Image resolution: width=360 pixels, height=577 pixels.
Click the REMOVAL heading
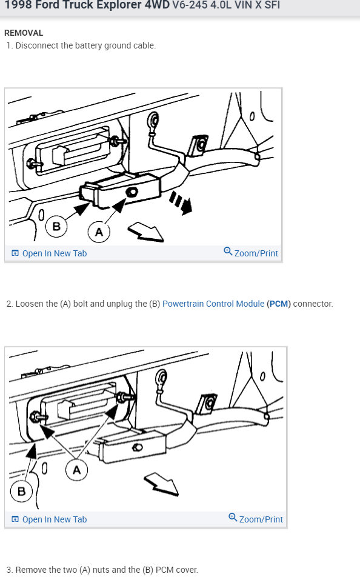pyautogui.click(x=24, y=33)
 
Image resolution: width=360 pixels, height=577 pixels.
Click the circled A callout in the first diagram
pyautogui.click(x=99, y=232)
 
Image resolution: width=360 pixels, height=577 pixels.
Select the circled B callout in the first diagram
pyautogui.click(x=56, y=225)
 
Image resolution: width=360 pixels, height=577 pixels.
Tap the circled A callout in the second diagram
pyautogui.click(x=76, y=470)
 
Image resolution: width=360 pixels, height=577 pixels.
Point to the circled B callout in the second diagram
pyautogui.click(x=21, y=491)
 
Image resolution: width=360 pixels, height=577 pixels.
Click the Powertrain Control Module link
pyautogui.click(x=213, y=304)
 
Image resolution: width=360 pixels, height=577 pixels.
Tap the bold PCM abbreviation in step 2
pyautogui.click(x=279, y=304)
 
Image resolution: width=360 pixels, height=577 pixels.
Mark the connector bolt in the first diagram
pyautogui.click(x=132, y=192)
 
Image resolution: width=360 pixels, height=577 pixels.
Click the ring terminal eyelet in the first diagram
pyautogui.click(x=153, y=120)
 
